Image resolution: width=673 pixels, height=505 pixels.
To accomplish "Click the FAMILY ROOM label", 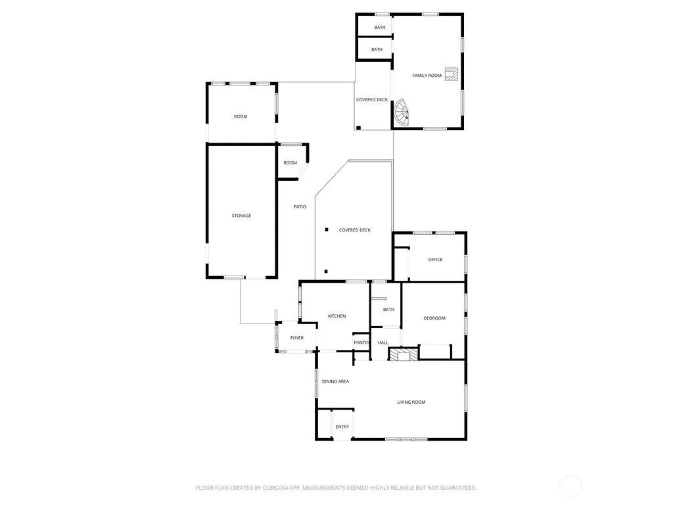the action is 427,76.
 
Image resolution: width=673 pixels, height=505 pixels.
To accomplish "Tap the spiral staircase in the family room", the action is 402,112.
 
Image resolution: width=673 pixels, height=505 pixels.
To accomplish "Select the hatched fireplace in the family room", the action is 451,74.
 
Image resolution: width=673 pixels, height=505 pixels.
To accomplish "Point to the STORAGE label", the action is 241,216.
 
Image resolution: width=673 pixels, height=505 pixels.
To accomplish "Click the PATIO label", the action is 300,207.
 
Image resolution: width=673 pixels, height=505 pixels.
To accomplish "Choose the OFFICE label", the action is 435,259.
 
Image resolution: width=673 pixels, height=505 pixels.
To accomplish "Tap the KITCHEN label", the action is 336,316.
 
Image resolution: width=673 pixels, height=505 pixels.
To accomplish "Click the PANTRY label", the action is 361,343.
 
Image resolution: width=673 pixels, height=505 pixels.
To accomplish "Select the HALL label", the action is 383,343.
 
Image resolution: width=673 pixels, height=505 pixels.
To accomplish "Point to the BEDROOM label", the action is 434,318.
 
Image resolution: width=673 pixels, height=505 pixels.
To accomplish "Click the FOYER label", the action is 296,338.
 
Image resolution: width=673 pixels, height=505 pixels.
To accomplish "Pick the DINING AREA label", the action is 335,381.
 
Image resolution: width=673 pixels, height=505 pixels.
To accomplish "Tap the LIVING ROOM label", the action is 411,402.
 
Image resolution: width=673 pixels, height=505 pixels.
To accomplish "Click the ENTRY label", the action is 342,427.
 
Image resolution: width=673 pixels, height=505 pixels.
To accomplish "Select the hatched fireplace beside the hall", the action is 403,354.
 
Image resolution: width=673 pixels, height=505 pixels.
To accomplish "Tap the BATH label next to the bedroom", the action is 388,310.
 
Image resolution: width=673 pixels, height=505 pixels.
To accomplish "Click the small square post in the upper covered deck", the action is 358,128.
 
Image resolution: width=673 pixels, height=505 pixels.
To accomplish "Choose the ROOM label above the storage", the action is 241,117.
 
